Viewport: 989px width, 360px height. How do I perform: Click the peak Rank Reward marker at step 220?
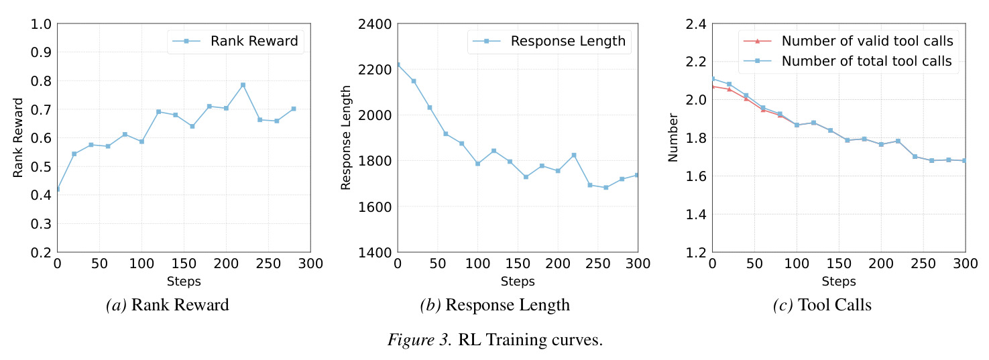pyautogui.click(x=243, y=84)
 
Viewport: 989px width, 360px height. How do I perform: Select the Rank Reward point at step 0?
pyautogui.click(x=58, y=189)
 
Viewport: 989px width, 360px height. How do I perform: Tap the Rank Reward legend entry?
pyautogui.click(x=235, y=41)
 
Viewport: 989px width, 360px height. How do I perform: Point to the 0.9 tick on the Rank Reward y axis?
pyautogui.click(x=41, y=52)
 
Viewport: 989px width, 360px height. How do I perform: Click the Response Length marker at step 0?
pyautogui.click(x=398, y=64)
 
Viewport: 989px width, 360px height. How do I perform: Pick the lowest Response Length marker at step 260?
pyautogui.click(x=605, y=188)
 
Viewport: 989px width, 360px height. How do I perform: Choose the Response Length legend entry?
pyautogui.click(x=549, y=41)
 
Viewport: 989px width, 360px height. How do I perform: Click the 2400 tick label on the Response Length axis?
pyautogui.click(x=375, y=24)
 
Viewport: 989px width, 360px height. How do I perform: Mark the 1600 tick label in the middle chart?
pyautogui.click(x=375, y=207)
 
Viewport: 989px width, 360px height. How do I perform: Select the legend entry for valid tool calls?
pyautogui.click(x=848, y=41)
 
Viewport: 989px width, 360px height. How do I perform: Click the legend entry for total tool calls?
pyautogui.click(x=848, y=61)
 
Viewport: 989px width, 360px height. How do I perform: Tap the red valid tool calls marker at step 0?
pyautogui.click(x=713, y=86)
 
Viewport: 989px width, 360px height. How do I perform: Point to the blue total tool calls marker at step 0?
pyautogui.click(x=713, y=79)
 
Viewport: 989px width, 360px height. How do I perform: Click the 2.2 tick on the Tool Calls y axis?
pyautogui.click(x=696, y=61)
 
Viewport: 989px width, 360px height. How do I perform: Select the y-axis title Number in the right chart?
pyautogui.click(x=673, y=137)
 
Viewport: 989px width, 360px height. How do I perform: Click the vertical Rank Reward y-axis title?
pyautogui.click(x=17, y=137)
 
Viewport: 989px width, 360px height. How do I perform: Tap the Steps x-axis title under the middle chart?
pyautogui.click(x=518, y=281)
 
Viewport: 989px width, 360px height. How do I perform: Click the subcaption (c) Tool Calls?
pyautogui.click(x=822, y=305)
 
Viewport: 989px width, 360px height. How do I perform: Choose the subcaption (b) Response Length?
pyautogui.click(x=495, y=305)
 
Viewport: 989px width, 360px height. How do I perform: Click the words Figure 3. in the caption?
pyautogui.click(x=420, y=340)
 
